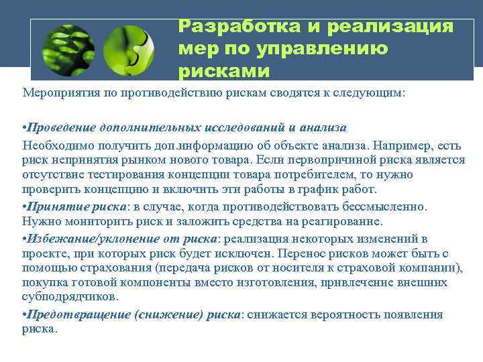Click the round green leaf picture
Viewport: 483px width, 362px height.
pos(68,50)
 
